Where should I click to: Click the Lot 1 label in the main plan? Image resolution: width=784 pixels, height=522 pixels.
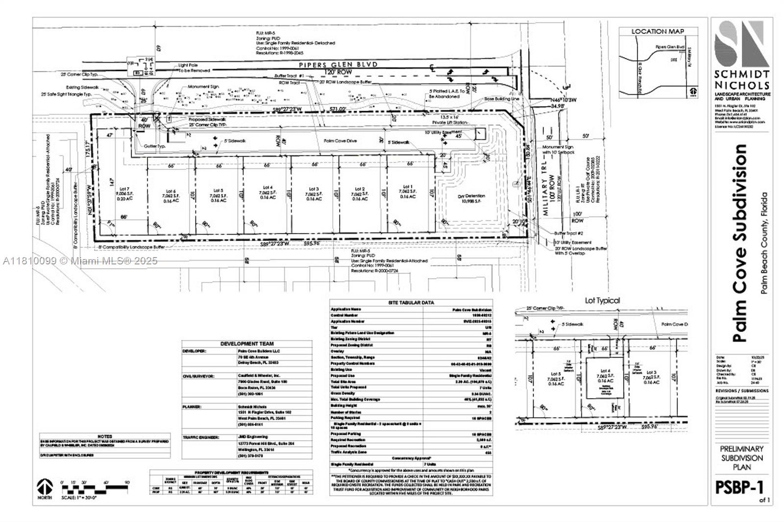[408, 191]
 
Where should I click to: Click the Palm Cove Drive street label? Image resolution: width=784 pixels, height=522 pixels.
[340, 141]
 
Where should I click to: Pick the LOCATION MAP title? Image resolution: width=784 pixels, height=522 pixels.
[658, 31]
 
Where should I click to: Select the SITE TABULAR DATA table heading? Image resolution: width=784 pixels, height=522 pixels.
[411, 303]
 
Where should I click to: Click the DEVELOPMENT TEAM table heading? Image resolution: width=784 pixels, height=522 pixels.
[247, 344]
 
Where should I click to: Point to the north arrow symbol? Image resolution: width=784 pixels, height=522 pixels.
[45, 487]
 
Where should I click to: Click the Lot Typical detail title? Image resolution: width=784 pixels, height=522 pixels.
[602, 300]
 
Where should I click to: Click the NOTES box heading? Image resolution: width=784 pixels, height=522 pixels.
[105, 436]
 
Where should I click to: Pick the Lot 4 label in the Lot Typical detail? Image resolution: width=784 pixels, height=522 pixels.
[605, 375]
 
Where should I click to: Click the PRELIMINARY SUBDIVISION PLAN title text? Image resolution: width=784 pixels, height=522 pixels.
[741, 458]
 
